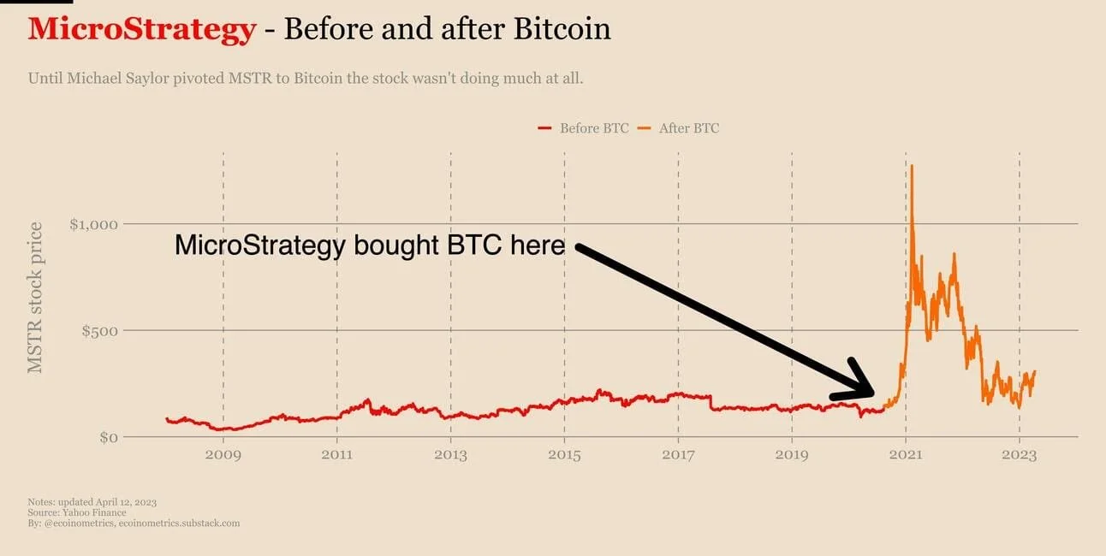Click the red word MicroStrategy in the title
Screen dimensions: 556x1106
pos(141,30)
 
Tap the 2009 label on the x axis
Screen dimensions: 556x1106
pos(223,455)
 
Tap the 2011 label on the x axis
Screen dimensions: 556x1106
pos(337,455)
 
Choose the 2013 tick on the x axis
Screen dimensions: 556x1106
pos(451,455)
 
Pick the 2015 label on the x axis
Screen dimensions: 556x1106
pos(564,455)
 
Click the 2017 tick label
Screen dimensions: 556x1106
pos(678,455)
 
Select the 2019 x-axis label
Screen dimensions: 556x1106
pos(792,455)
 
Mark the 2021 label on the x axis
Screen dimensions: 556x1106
pos(906,455)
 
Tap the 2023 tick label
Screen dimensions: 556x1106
pos(1019,455)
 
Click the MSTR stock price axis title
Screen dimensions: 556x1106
pos(35,297)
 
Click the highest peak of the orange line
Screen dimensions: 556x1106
pos(912,166)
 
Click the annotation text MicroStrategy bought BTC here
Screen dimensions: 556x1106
pos(370,246)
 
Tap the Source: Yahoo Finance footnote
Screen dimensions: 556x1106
pos(77,512)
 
